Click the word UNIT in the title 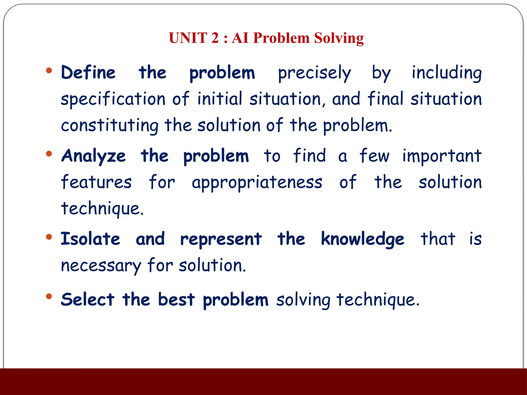[x=188, y=38]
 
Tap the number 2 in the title [x=215, y=38]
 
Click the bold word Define [x=88, y=73]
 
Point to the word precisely [x=314, y=73]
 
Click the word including [x=446, y=73]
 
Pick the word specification [x=113, y=99]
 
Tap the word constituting [x=110, y=125]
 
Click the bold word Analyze [x=93, y=156]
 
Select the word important [x=442, y=156]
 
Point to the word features [x=96, y=182]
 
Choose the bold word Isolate [x=90, y=239]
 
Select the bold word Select [x=87, y=300]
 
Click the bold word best [x=176, y=300]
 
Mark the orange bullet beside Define [x=49, y=70]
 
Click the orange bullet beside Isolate [x=49, y=237]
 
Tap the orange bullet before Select [x=49, y=297]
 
